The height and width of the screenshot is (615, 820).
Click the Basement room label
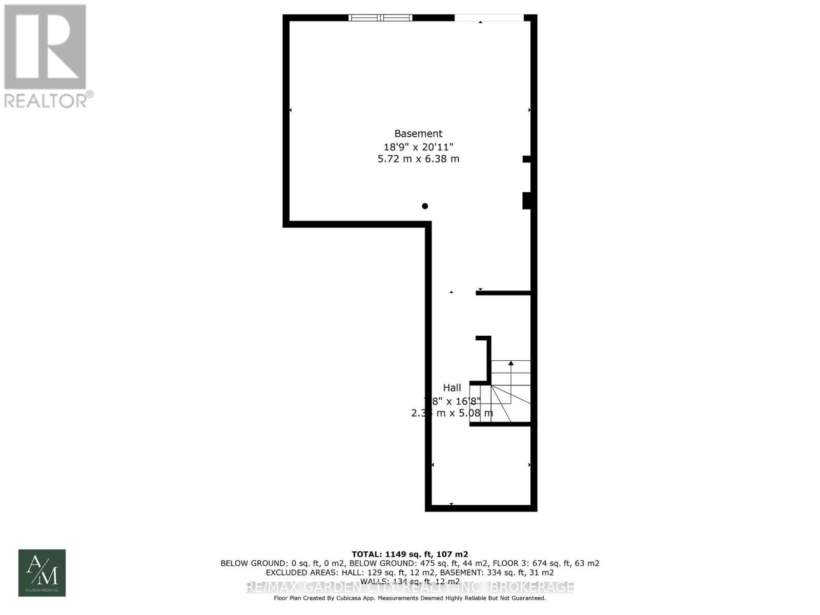[x=418, y=134]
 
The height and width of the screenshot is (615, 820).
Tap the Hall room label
[x=452, y=388]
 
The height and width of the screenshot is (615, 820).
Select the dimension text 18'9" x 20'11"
[x=418, y=147]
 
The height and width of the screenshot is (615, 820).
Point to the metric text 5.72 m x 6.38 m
[x=418, y=159]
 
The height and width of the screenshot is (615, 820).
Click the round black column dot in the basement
[x=425, y=206]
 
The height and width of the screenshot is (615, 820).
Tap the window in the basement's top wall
[x=380, y=18]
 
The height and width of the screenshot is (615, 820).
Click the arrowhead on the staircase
[x=511, y=363]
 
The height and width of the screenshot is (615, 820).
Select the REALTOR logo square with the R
[x=45, y=47]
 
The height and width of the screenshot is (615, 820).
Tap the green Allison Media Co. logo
[x=42, y=572]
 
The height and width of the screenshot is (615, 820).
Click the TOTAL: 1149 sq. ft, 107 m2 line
[x=409, y=554]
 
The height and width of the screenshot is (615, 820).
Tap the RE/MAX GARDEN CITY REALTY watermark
[x=410, y=587]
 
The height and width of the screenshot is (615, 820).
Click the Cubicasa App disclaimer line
[x=409, y=598]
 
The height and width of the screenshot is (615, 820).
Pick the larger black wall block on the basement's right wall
[x=526, y=200]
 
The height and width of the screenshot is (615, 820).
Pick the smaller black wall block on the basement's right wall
[x=526, y=159]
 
